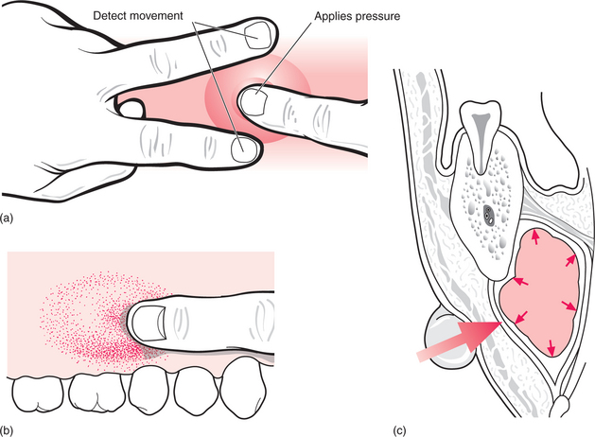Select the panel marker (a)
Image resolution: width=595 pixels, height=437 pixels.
(x=8, y=218)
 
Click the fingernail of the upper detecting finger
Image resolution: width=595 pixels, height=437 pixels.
(x=257, y=35)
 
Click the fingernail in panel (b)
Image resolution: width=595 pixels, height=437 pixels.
(x=148, y=326)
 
